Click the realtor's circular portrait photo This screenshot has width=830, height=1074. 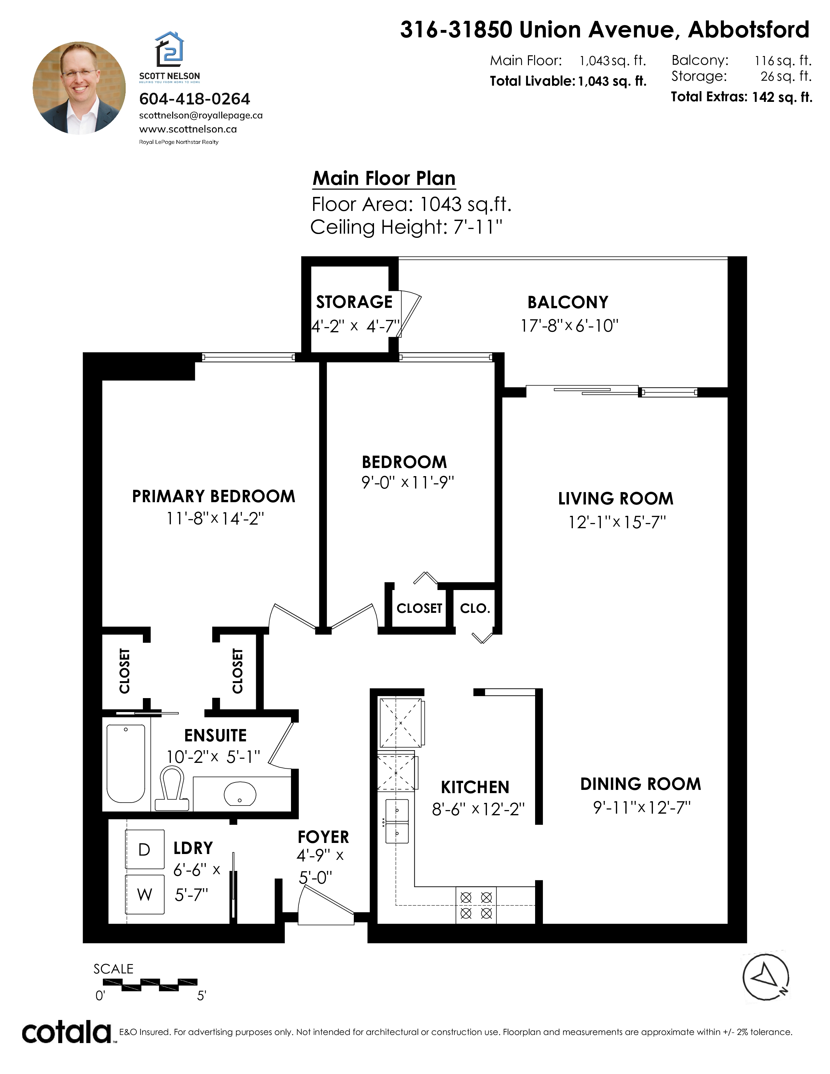coord(79,88)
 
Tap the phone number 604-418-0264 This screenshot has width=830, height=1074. coord(195,99)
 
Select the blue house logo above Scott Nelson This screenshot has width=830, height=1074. coord(170,49)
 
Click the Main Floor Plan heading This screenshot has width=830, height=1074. coord(384,178)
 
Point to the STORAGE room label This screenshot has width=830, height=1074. coord(354,302)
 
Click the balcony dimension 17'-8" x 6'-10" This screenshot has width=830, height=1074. coord(569,325)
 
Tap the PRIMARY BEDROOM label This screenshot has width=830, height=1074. coord(214,496)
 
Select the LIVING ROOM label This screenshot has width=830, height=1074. coord(616,499)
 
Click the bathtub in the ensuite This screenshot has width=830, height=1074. coord(126,764)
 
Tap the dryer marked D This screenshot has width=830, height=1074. coord(145,849)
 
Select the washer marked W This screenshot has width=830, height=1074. coord(145,894)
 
